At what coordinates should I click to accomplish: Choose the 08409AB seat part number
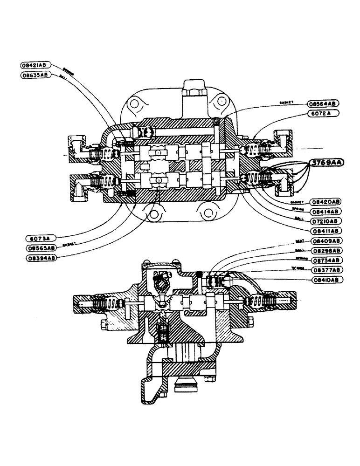[x=324, y=241]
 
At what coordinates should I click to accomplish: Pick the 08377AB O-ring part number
[x=324, y=269]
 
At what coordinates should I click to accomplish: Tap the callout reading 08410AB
[x=324, y=279]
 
